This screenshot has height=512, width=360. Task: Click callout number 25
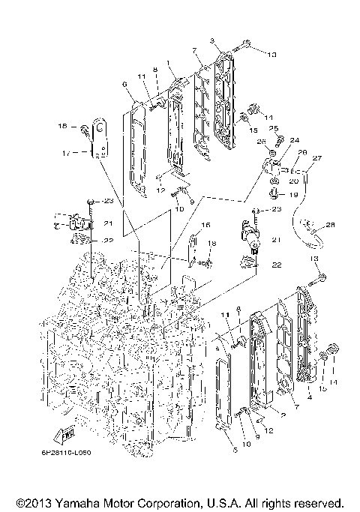[274, 129]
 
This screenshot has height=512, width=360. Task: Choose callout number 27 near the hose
[316, 158]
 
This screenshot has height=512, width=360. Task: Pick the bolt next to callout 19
[275, 193]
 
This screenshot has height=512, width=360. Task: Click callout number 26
[262, 141]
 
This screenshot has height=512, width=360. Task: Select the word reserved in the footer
[322, 502]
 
